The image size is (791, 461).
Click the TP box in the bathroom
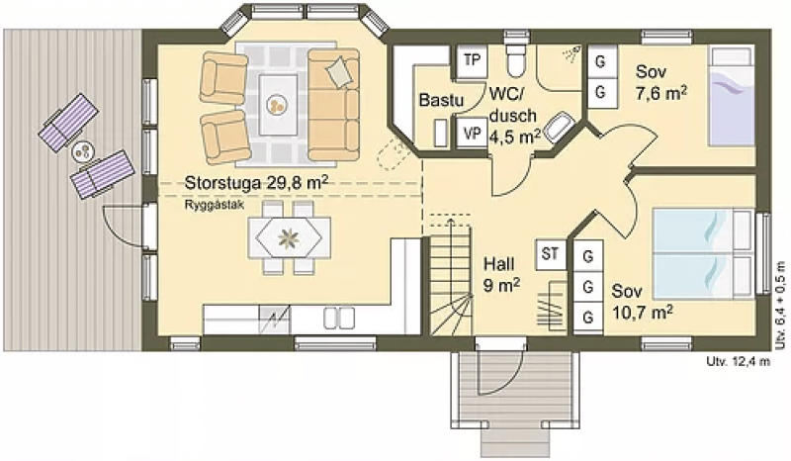point(472,60)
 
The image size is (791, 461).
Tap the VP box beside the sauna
point(472,134)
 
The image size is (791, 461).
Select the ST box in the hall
point(551,254)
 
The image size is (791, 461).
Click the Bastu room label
point(441,100)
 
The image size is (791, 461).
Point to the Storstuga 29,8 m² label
point(256,182)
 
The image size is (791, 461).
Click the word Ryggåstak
point(215,205)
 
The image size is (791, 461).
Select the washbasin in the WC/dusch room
point(560,127)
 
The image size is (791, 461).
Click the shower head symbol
point(572,53)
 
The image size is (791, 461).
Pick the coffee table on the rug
point(278,105)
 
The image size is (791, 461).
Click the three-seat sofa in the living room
point(333,105)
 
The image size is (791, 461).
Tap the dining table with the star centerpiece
point(289,238)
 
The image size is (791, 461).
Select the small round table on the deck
point(83,151)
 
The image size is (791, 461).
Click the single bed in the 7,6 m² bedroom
point(731,96)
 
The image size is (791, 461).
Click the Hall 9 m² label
point(501,274)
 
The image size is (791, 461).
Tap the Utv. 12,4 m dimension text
point(739,361)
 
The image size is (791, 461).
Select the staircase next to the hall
point(451,275)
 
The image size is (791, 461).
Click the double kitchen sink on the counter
point(338,319)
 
